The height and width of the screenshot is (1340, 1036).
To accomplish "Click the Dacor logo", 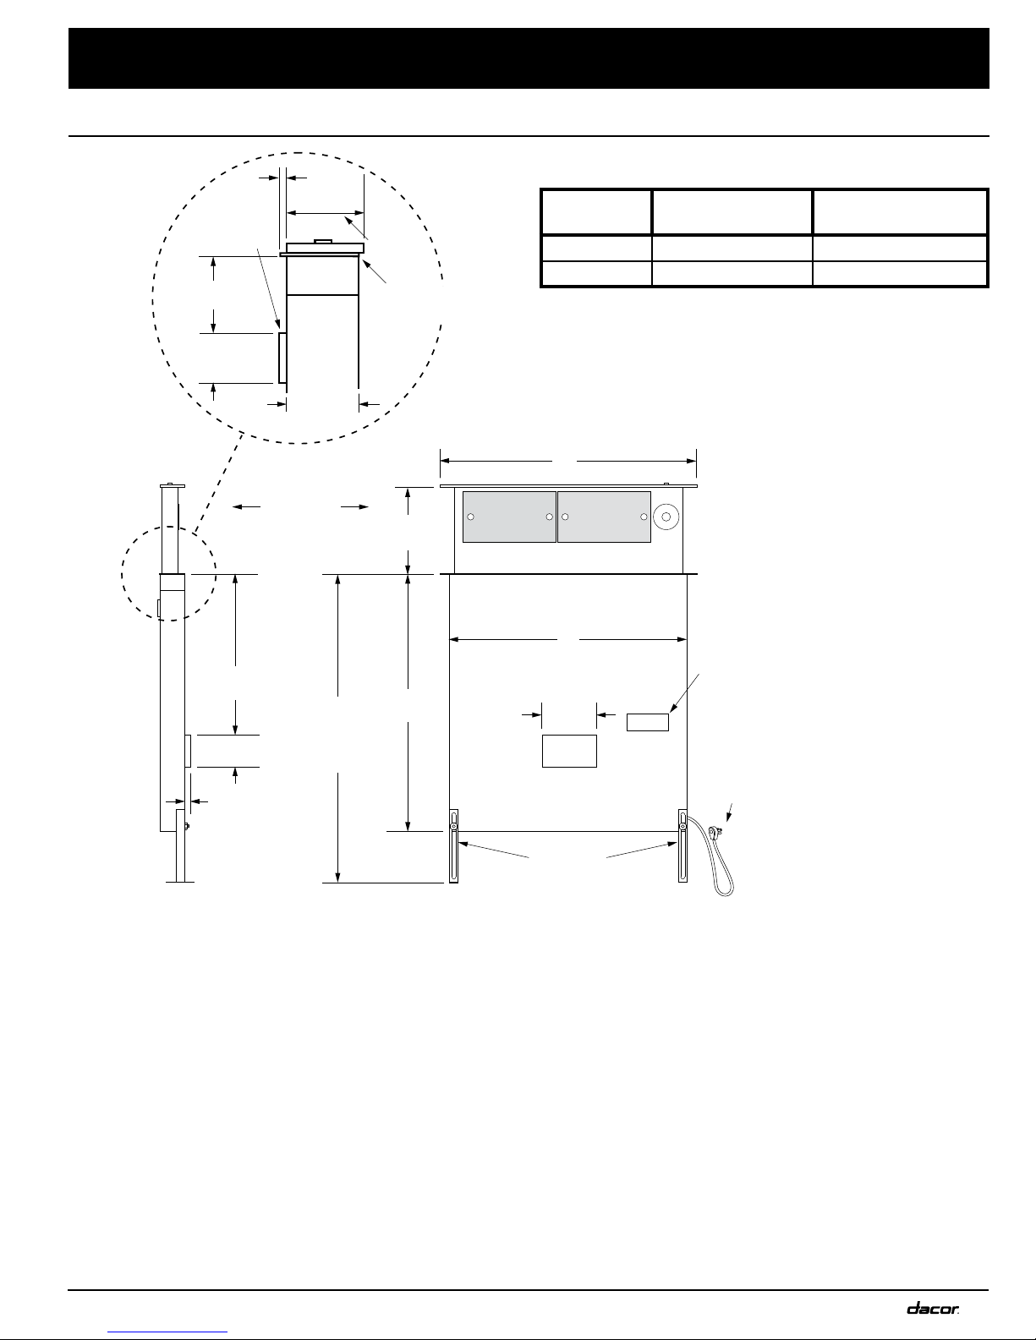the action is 932,1308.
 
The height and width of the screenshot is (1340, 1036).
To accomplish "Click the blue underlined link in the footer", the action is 167,1332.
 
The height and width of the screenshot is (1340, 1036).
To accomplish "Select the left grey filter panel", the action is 509,517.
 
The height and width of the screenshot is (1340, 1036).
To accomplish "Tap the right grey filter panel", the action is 605,517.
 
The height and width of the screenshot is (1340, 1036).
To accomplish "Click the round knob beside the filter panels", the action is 666,517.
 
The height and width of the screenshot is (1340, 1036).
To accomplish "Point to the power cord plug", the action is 715,832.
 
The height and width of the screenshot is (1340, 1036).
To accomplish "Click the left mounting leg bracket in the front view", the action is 454,846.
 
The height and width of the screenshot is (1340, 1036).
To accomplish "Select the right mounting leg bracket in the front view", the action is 682,846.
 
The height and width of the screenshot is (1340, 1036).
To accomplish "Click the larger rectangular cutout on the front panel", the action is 569,751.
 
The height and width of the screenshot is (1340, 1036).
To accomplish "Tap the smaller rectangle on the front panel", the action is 648,722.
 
